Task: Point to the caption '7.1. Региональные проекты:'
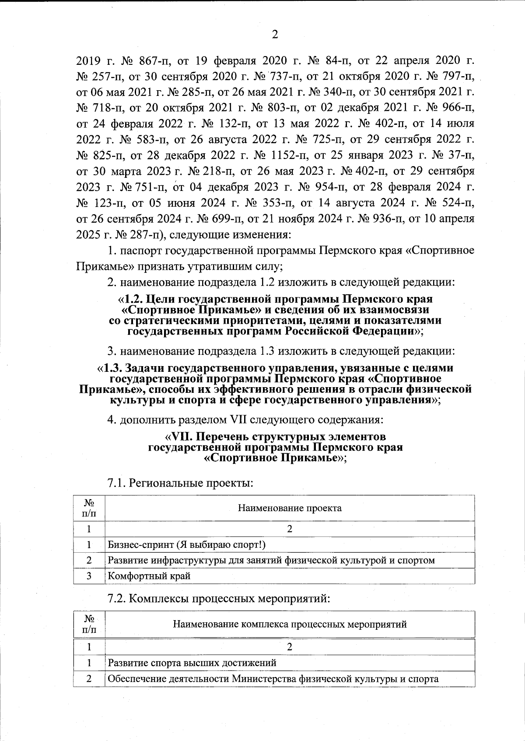pyautogui.click(x=180, y=483)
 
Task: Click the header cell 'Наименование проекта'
pyautogui.click(x=290, y=508)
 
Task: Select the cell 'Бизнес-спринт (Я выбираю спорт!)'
pyautogui.click(x=187, y=545)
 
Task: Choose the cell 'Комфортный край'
pyautogui.click(x=149, y=576)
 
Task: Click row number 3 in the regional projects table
pyautogui.click(x=89, y=576)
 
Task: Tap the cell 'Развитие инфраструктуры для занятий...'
pyautogui.click(x=271, y=560)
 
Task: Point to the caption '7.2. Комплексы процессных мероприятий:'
pyautogui.click(x=218, y=599)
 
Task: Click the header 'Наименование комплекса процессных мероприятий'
pyautogui.click(x=290, y=624)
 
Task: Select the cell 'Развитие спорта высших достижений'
pyautogui.click(x=192, y=663)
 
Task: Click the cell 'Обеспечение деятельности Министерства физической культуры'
pyautogui.click(x=273, y=679)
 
